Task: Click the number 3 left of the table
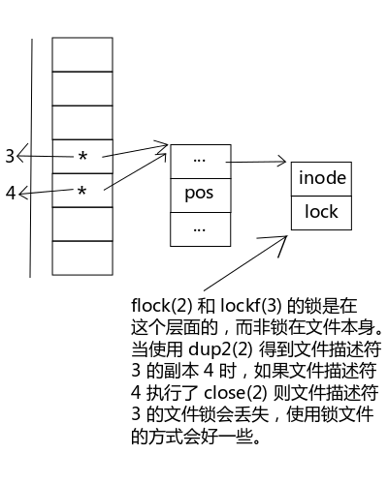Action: [10, 156]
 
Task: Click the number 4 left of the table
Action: [11, 193]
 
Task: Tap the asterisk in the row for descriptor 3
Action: [82, 157]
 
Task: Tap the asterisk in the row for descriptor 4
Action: [82, 191]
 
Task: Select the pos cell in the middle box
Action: [201, 196]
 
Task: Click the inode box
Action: [321, 179]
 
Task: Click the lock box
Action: [321, 213]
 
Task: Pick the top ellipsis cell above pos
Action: [201, 162]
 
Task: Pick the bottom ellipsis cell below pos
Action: [201, 229]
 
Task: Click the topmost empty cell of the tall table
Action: [82, 54]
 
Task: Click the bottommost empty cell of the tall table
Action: [82, 258]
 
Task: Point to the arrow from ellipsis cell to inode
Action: [256, 162]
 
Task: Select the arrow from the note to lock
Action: [245, 263]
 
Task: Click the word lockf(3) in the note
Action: [251, 305]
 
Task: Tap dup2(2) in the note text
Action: [220, 348]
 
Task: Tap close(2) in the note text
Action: [236, 393]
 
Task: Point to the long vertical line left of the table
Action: [31, 158]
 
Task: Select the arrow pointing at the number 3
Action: [45, 157]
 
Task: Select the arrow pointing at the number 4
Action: [46, 192]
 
